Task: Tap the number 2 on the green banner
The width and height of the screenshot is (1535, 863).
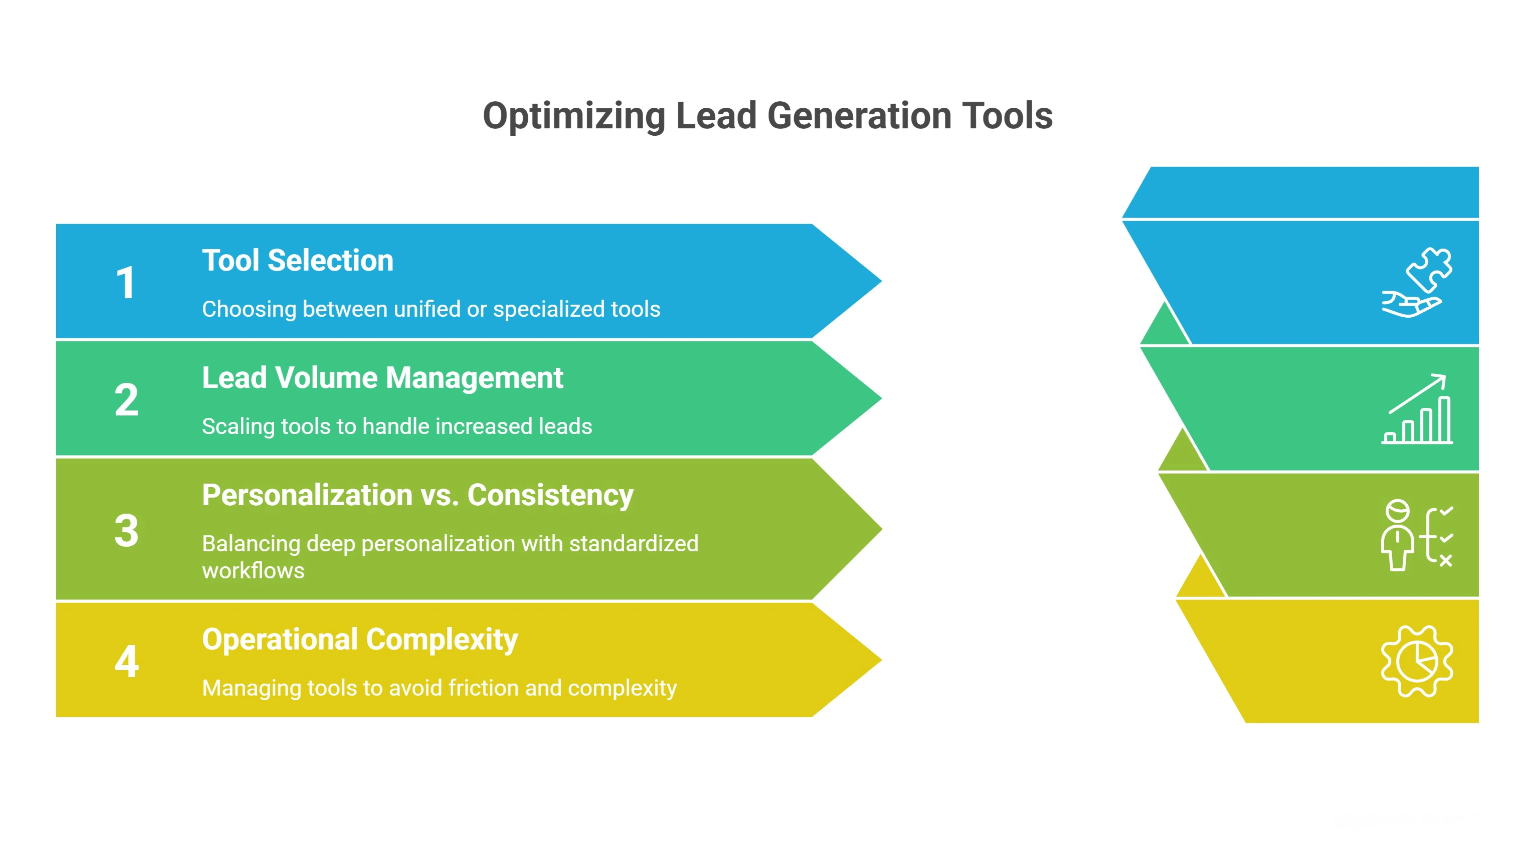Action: pos(126,400)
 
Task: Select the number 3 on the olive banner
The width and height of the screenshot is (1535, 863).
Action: pos(126,530)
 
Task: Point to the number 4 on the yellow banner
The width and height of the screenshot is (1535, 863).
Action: pos(126,661)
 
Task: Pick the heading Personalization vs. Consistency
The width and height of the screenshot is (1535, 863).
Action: pos(417,495)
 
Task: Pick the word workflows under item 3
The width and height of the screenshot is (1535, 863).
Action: pos(253,571)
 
